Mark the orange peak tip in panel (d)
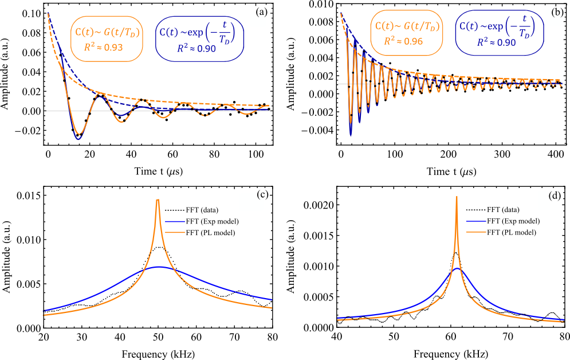click(457, 197)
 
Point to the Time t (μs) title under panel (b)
click(451, 171)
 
